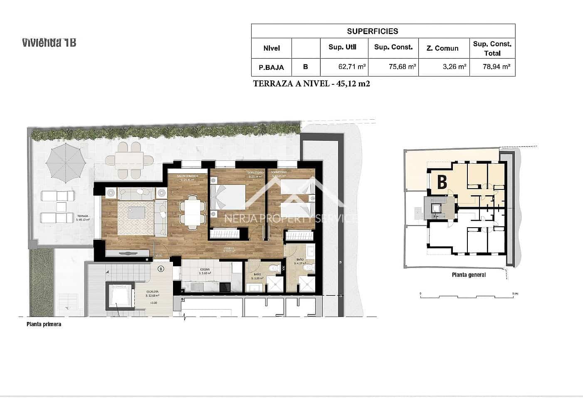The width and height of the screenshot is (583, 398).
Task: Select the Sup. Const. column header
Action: [x=393, y=47]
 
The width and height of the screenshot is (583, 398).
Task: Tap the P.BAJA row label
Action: [x=271, y=67]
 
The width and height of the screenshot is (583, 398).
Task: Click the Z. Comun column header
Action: [x=442, y=48]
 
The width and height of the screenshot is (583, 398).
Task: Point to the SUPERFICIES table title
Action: [x=372, y=31]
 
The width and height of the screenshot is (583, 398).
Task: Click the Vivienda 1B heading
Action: [x=49, y=42]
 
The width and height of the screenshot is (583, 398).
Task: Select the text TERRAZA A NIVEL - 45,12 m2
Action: [x=311, y=84]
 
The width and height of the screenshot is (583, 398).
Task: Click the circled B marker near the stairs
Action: [x=161, y=269]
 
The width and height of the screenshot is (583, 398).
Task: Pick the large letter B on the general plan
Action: [x=442, y=182]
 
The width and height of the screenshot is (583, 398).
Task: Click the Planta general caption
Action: [x=469, y=275]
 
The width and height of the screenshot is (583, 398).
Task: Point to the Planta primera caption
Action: [x=44, y=324]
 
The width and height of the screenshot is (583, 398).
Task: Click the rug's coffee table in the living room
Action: [x=136, y=212]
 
